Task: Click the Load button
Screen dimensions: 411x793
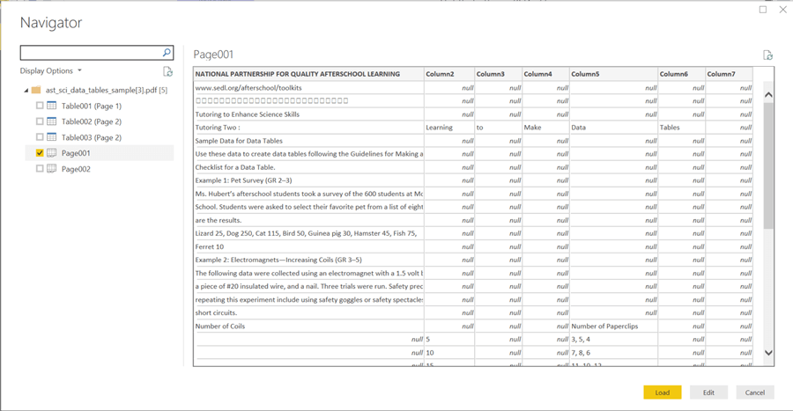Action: coord(662,393)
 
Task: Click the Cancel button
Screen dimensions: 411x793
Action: coord(754,393)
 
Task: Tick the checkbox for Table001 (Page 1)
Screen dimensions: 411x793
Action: coord(40,106)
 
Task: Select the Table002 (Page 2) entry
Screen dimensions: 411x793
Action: coord(92,121)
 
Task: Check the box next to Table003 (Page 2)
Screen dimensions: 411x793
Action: coord(40,137)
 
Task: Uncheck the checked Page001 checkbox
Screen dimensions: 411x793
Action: coord(40,153)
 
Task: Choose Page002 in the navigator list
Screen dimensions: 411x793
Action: coord(76,169)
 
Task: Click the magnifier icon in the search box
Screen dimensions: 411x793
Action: coord(167,53)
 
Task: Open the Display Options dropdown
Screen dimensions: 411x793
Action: coord(51,71)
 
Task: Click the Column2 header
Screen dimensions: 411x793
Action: coord(448,74)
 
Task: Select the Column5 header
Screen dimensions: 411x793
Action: coord(612,74)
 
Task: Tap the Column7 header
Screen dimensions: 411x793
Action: coord(728,74)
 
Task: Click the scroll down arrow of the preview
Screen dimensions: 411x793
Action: coord(768,353)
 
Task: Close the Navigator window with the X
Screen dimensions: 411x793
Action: coord(782,10)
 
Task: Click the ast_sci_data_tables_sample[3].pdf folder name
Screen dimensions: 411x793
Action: coord(100,90)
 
